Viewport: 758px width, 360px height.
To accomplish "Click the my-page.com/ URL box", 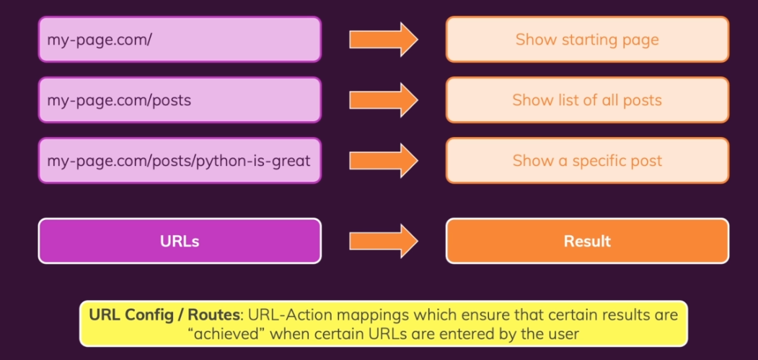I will [x=180, y=39].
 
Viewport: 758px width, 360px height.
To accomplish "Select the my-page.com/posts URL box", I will [x=180, y=100].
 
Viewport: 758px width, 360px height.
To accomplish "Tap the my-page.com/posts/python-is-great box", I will [x=180, y=160].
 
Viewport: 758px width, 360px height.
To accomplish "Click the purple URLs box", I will [x=180, y=241].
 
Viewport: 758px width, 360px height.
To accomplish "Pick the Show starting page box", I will [x=587, y=39].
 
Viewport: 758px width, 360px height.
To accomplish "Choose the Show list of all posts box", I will [x=587, y=100].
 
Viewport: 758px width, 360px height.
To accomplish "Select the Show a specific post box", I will [x=587, y=160].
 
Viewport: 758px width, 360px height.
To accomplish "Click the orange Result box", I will [x=587, y=241].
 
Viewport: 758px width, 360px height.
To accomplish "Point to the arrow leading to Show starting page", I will [x=383, y=39].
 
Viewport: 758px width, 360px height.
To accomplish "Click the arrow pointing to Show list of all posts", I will [x=383, y=100].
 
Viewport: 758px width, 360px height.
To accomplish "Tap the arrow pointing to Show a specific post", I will [x=383, y=160].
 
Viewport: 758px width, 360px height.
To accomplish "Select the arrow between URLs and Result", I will [x=383, y=241].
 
